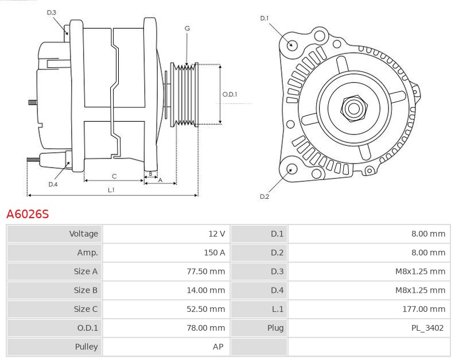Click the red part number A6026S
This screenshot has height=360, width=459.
[28, 214]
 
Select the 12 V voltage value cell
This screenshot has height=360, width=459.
[216, 234]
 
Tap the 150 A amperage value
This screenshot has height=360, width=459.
[213, 253]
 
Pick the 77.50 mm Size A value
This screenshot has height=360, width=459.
[205, 271]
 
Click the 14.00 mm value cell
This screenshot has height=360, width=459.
[205, 290]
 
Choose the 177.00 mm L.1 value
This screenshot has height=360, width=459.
[424, 309]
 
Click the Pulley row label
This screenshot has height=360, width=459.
[87, 347]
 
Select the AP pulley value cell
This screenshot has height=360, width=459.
[219, 347]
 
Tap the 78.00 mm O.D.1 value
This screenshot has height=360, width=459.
[205, 328]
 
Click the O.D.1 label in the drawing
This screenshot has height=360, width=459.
[229, 95]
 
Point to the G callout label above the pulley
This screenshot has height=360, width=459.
[187, 28]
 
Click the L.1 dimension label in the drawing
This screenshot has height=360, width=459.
[111, 189]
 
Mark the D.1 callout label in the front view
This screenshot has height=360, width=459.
[264, 18]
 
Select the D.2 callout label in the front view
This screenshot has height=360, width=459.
[264, 196]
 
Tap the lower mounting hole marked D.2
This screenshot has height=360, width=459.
[291, 169]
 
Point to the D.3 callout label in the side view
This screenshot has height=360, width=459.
[52, 12]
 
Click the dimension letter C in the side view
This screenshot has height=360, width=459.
[114, 176]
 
